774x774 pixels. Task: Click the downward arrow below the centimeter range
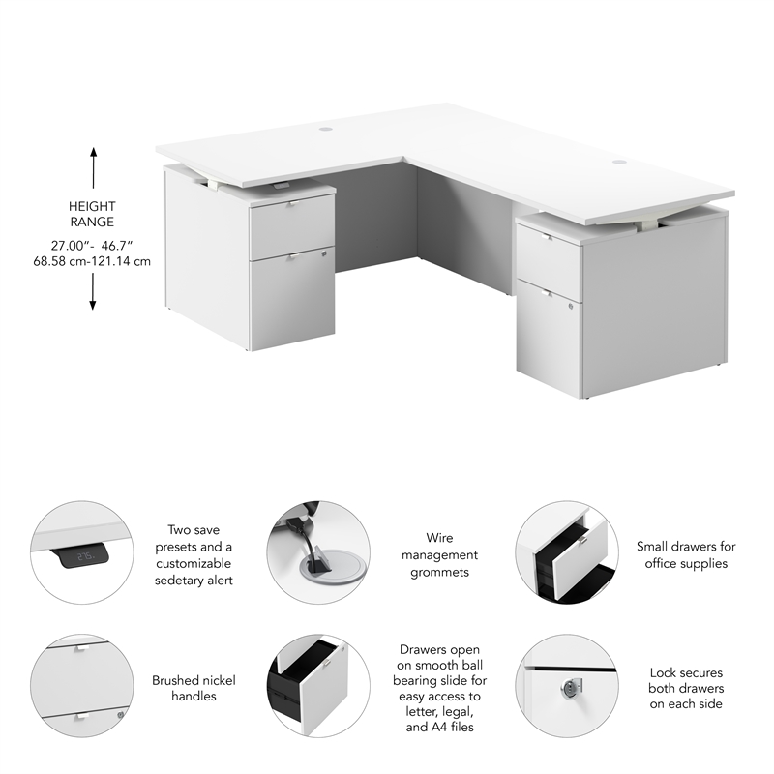[x=94, y=291]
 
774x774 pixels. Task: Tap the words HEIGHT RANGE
[x=93, y=214]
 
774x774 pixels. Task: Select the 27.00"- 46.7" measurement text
[x=93, y=246]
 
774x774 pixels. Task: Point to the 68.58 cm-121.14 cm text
[x=93, y=261]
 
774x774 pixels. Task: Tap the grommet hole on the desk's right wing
[x=619, y=163]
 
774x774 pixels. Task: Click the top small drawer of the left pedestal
[x=291, y=226]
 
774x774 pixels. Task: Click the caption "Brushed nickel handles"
[x=193, y=688]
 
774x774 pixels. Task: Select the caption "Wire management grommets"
[x=439, y=554]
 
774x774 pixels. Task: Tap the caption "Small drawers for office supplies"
[x=686, y=554]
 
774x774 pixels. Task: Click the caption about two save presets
[x=193, y=554]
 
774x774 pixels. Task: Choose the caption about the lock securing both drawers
[x=686, y=688]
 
